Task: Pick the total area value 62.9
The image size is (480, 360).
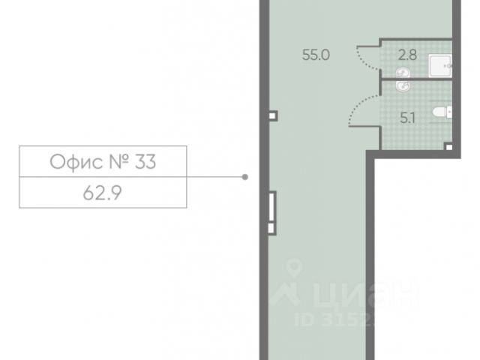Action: [x=102, y=192]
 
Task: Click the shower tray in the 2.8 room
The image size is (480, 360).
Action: [x=440, y=64]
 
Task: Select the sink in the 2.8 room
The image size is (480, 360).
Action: [x=402, y=72]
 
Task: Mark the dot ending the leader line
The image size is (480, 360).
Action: [x=245, y=177]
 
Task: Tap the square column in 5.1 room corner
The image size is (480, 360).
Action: [x=448, y=147]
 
